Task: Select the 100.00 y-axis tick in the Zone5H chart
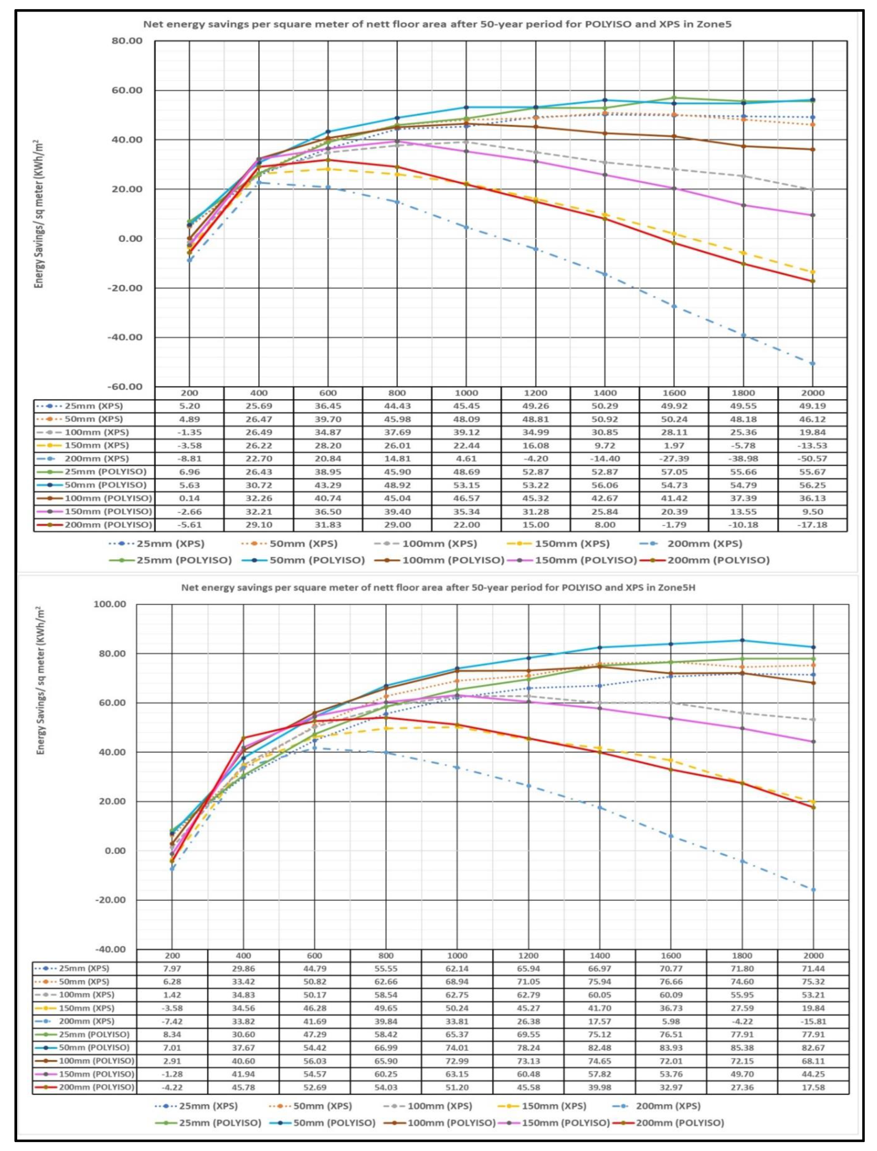point(110,604)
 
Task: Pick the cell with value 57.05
point(674,472)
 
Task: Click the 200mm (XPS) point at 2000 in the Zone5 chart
point(812,364)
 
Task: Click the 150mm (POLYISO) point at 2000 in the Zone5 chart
point(812,215)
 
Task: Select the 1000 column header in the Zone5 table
point(466,393)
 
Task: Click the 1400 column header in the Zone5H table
point(599,955)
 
